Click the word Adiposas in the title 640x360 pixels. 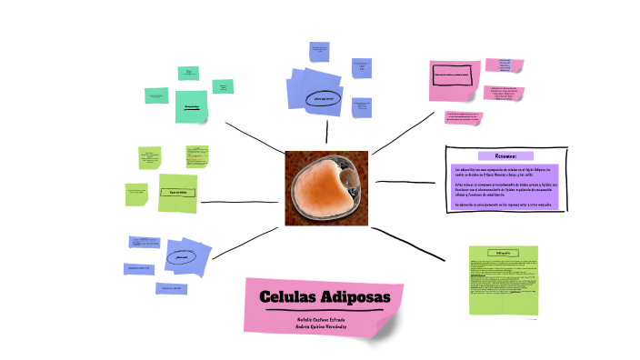click(355, 297)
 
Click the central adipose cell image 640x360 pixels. click(325, 188)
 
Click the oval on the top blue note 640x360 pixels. click(323, 97)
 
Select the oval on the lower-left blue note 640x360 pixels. click(175, 258)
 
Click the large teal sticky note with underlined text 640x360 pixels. click(192, 107)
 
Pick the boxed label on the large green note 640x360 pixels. click(177, 193)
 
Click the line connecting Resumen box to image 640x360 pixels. click(409, 182)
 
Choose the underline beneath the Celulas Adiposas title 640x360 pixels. click(325, 311)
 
